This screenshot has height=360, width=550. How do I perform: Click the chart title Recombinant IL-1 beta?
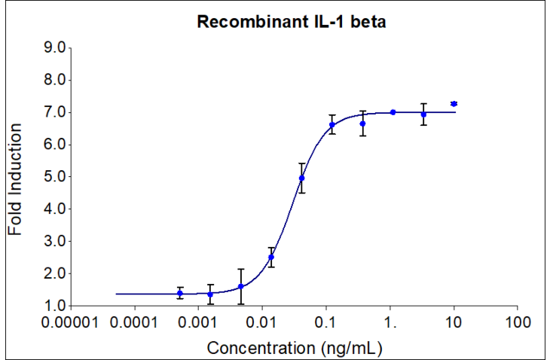[x=292, y=23]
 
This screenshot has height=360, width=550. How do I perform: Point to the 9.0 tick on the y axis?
[x=57, y=48]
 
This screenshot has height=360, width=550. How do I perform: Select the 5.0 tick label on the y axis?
[x=57, y=177]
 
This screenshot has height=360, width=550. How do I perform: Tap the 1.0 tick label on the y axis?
[x=57, y=306]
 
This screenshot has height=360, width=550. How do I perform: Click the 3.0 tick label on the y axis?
[x=57, y=242]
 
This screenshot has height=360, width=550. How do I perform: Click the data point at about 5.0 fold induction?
[x=302, y=178]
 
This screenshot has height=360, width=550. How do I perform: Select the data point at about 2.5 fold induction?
[x=271, y=257]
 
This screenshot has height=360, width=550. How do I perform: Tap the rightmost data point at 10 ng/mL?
[x=454, y=104]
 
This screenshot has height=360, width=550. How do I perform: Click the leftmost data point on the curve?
[x=180, y=293]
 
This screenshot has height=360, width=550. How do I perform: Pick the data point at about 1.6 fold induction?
[x=241, y=286]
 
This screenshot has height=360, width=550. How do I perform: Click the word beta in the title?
[x=369, y=23]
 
